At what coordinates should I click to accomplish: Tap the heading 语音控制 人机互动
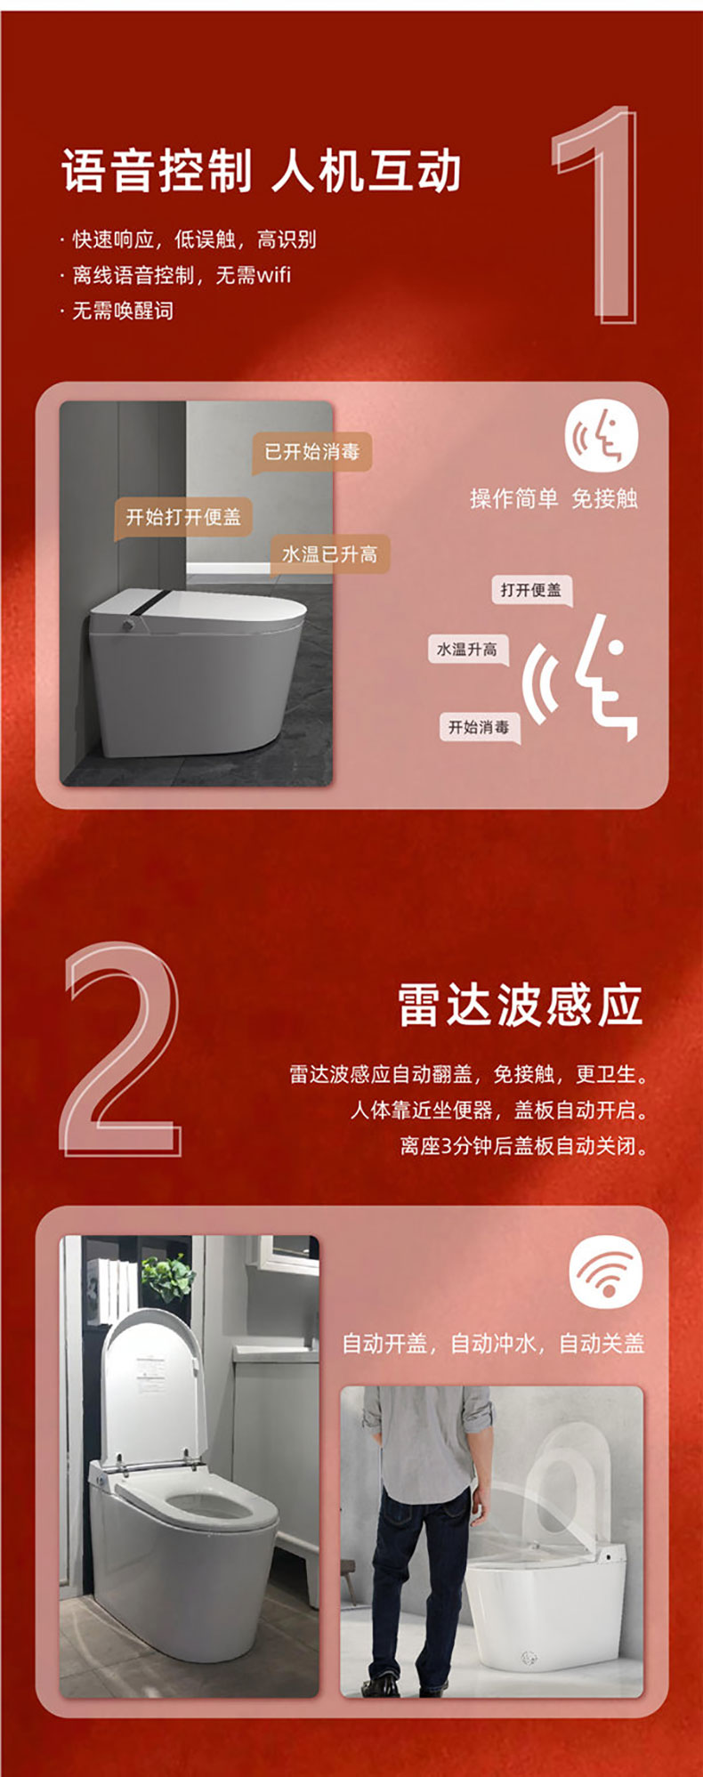click(262, 171)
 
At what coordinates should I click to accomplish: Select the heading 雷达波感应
click(520, 1006)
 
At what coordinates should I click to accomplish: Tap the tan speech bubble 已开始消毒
click(311, 452)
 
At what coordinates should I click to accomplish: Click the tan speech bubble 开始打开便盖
click(183, 517)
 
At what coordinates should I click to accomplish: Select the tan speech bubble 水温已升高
click(329, 554)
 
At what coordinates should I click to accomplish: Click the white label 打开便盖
click(531, 590)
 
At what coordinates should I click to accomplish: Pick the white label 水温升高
click(467, 650)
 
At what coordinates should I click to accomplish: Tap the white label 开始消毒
click(479, 727)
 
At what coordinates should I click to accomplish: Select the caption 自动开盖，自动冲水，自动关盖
click(493, 1343)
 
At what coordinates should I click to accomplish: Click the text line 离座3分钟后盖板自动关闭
click(523, 1145)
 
